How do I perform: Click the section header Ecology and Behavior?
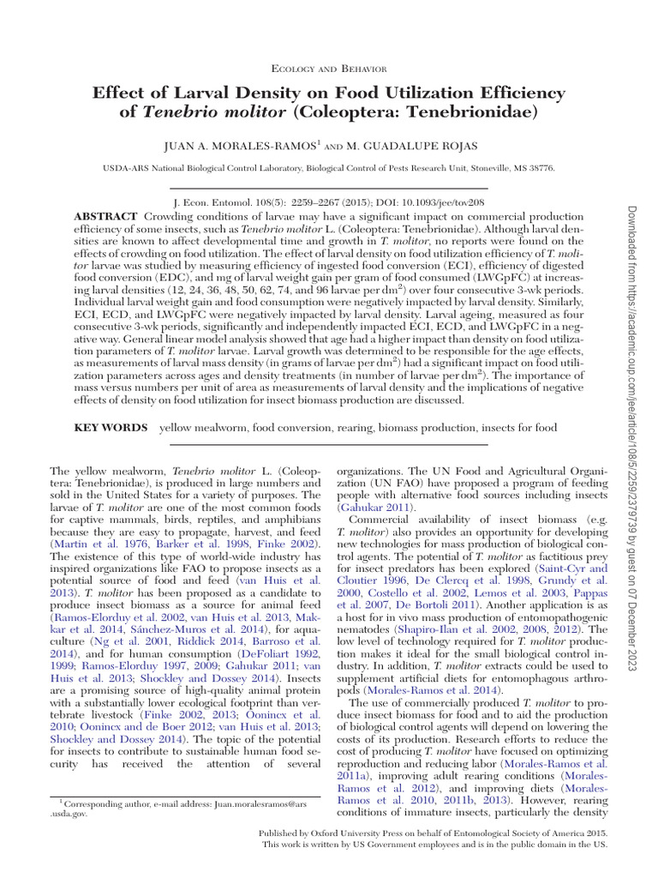329,68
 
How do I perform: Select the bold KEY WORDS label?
110,427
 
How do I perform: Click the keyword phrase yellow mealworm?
200,427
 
